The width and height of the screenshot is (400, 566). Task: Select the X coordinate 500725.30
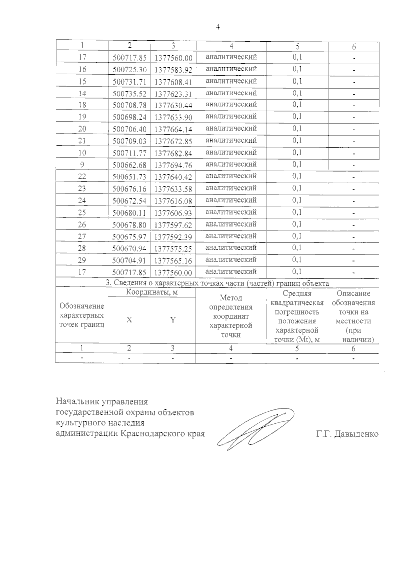(129, 70)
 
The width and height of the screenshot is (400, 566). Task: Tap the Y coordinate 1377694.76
(173, 165)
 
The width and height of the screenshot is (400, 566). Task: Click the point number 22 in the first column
(82, 177)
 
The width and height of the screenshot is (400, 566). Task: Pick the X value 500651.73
(129, 177)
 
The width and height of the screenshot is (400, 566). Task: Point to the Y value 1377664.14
(173, 129)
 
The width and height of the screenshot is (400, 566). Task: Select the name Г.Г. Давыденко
(347, 434)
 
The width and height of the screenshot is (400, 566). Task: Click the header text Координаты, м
(152, 292)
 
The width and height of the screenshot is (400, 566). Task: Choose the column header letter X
(129, 320)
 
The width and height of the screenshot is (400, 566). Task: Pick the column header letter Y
(173, 320)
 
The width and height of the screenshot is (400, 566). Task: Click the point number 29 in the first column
(82, 260)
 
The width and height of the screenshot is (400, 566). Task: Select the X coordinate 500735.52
(129, 94)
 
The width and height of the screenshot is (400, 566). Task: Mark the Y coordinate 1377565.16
(173, 261)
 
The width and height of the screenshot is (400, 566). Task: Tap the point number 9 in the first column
(82, 165)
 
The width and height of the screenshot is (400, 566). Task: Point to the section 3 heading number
(108, 283)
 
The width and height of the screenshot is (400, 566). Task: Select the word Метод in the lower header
(231, 298)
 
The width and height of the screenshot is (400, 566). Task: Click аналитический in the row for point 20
(231, 128)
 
